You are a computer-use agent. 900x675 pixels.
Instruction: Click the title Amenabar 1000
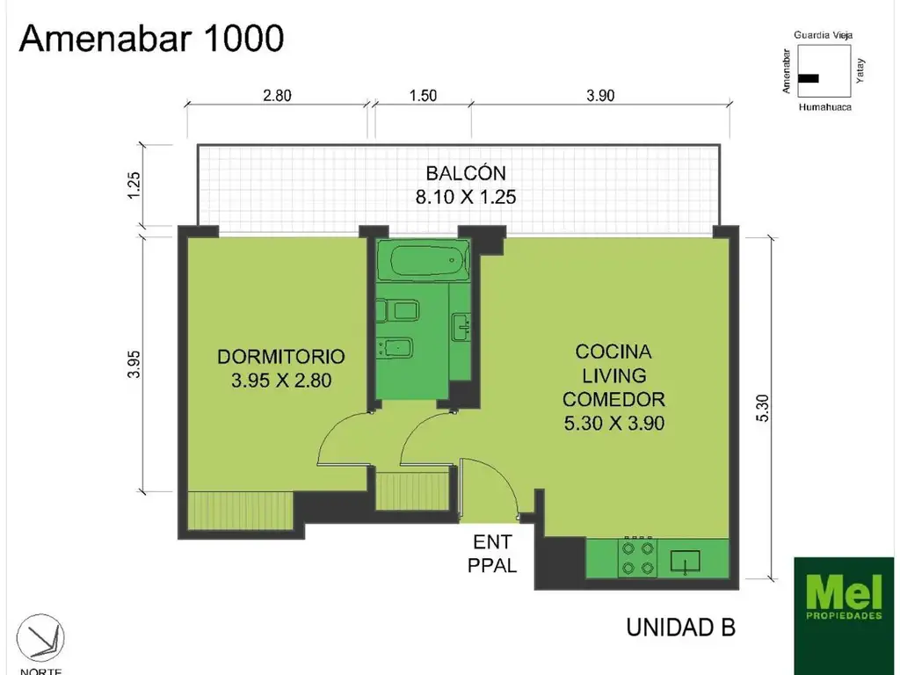pos(151,39)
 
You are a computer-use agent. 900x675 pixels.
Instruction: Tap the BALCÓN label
pos(466,172)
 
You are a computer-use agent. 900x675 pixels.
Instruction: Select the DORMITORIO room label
pos(280,357)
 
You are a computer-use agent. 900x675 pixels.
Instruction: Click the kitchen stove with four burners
pos(636,557)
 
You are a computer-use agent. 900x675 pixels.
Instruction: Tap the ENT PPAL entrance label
pos(492,554)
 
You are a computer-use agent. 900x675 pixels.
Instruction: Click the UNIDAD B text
pos(679,628)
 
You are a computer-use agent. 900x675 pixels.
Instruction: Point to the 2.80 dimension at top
pos(277,96)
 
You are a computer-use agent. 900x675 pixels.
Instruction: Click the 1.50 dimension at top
pos(423,96)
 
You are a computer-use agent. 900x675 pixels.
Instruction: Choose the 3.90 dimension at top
pos(600,96)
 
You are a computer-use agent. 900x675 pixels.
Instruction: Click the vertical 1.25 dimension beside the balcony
pos(134,185)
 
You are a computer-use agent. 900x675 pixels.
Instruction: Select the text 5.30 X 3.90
pos(613,423)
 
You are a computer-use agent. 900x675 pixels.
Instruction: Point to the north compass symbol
pos(44,639)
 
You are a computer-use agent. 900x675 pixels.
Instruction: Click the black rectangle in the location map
pos(809,78)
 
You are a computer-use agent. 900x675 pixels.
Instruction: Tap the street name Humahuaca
pos(824,107)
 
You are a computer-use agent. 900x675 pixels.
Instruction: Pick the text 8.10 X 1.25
pos(466,197)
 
